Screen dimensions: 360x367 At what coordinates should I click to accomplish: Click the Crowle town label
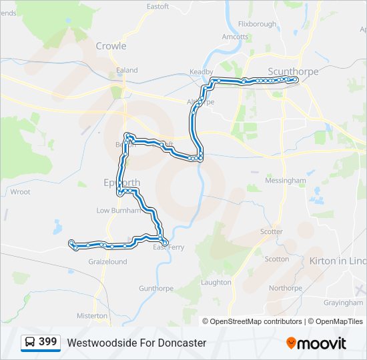[x=111, y=46]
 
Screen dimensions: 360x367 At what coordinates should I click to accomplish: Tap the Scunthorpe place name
[x=293, y=71]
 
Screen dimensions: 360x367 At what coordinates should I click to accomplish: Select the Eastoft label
[x=157, y=7]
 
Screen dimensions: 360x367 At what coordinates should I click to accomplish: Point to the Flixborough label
[x=257, y=24]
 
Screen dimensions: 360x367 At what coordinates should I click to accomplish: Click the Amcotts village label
[x=235, y=37]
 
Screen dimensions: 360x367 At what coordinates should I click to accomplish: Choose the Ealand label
[x=127, y=70]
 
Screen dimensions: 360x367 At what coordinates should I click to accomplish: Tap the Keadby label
[x=201, y=71]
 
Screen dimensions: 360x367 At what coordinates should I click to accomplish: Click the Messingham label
[x=286, y=181]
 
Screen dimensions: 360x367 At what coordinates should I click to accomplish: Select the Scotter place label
[x=272, y=232]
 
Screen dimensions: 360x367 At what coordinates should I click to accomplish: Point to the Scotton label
[x=277, y=259]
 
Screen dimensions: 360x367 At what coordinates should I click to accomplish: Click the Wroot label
[x=20, y=192]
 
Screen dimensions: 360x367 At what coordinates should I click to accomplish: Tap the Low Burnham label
[x=118, y=211]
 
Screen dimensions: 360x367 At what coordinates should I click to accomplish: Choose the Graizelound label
[x=107, y=262]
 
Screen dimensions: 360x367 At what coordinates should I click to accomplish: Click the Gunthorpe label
[x=156, y=289]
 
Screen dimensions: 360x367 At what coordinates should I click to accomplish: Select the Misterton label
[x=92, y=315]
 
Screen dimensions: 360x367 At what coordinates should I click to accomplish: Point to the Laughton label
[x=216, y=283]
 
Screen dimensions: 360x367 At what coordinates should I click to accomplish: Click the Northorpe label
[x=286, y=289]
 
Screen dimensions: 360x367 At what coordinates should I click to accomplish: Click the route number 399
[x=48, y=342]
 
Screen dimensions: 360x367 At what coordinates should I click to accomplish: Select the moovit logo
[x=316, y=343]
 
